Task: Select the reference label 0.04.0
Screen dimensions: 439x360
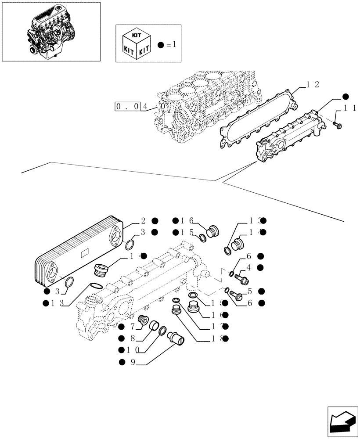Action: [x=140, y=106]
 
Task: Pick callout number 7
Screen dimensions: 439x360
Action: [x=132, y=327]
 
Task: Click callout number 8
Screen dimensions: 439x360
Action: [x=132, y=338]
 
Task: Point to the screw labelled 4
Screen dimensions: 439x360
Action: [x=241, y=278]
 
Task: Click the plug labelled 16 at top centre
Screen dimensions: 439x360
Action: [x=214, y=231]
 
